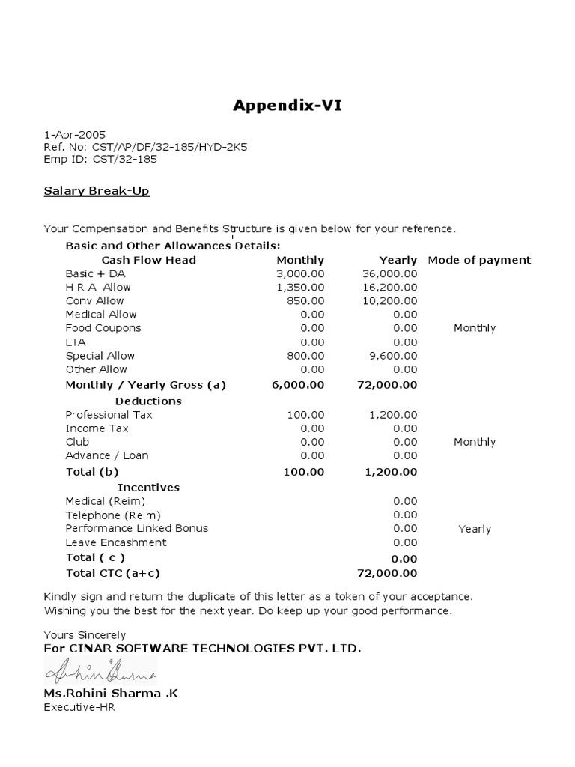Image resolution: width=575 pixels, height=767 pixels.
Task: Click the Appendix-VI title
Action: pos(287,105)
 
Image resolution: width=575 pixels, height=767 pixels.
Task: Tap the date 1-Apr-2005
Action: pos(74,134)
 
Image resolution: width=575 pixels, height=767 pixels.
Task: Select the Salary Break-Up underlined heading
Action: pos(97,191)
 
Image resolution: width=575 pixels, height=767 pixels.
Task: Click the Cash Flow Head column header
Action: pos(148,260)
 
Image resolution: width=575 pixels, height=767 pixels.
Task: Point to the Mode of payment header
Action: pos(479,260)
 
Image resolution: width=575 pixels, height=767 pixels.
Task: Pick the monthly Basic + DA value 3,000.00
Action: pos(300,274)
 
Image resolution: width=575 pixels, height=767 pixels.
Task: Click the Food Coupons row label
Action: pos(103,328)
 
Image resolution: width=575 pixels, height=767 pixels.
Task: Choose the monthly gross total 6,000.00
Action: pos(299,385)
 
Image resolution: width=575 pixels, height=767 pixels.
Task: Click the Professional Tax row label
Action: pos(108,415)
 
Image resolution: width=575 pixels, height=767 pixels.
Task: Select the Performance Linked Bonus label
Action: pos(137,528)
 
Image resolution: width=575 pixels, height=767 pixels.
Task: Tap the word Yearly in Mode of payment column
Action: pos(475,529)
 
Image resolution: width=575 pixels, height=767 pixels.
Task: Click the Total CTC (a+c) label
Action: pos(113,573)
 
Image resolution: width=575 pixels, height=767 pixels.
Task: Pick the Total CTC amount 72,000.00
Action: pos(387,574)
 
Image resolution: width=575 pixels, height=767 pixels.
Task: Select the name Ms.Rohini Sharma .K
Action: pos(111,693)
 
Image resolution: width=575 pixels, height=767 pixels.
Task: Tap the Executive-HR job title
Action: pos(79,706)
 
